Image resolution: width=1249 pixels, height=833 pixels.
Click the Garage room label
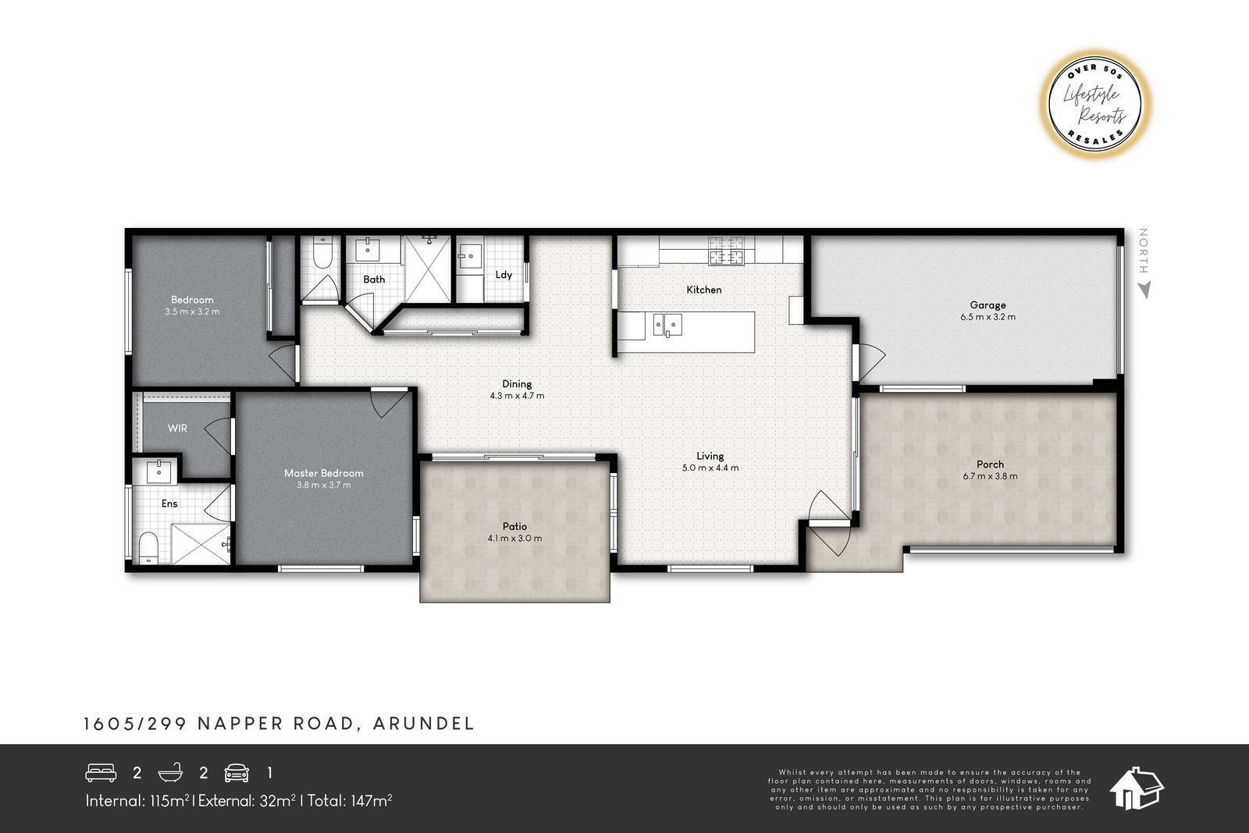click(987, 305)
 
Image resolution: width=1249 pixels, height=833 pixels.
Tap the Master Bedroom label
click(323, 473)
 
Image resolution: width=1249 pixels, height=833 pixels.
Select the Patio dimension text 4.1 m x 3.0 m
click(514, 539)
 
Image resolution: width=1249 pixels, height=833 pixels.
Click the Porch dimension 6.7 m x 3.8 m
click(990, 476)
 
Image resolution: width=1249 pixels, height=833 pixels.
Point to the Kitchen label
click(703, 290)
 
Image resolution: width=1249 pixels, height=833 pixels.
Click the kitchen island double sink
click(667, 325)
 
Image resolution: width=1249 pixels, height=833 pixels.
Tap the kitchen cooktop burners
click(726, 250)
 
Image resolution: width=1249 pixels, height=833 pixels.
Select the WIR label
click(177, 428)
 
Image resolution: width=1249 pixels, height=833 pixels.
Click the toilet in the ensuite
click(148, 547)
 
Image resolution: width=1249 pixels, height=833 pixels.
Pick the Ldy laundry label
click(504, 274)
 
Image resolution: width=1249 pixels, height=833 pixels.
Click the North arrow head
click(1144, 290)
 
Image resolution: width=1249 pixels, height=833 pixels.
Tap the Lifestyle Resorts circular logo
click(1094, 105)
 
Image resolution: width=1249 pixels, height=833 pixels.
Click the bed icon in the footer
click(101, 772)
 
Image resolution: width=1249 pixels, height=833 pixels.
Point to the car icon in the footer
click(237, 773)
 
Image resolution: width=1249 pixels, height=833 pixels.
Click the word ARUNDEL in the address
click(423, 724)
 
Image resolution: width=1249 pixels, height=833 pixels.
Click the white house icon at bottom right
click(1137, 789)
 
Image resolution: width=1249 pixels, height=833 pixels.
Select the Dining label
click(517, 383)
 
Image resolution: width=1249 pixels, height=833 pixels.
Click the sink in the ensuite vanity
click(159, 472)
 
